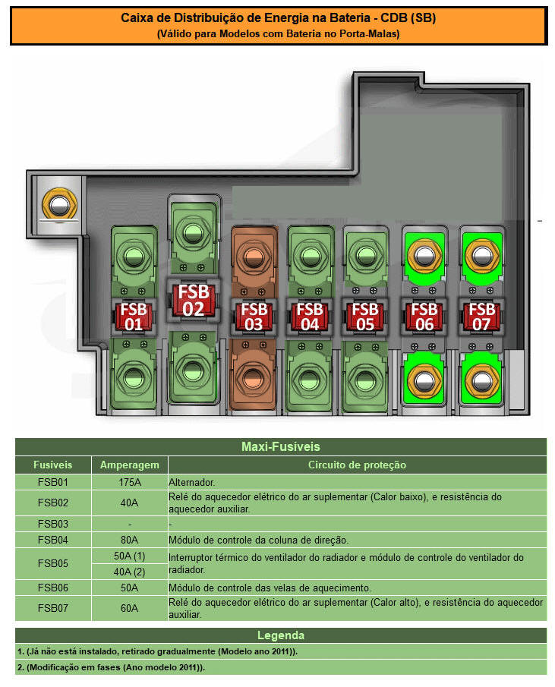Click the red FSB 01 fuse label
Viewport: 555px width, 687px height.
[134, 317]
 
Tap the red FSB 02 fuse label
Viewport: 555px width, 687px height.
[193, 300]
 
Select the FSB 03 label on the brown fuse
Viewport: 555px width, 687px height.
[252, 317]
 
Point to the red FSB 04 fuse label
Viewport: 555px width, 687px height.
[308, 317]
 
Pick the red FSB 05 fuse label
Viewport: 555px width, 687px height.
[365, 317]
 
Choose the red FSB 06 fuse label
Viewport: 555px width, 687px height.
[423, 317]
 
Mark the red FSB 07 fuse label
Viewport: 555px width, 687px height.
[481, 317]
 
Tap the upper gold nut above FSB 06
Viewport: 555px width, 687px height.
[424, 254]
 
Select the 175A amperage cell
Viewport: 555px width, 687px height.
[130, 482]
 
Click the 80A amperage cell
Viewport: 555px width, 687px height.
[130, 540]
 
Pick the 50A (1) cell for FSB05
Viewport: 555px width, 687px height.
[130, 557]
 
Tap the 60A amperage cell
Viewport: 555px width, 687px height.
[130, 608]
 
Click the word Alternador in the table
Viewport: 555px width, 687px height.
[192, 482]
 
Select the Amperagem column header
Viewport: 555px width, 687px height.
[130, 465]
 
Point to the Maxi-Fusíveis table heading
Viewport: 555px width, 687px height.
[280, 446]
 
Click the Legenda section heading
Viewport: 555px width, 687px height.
[280, 635]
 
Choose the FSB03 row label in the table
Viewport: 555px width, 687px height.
[53, 524]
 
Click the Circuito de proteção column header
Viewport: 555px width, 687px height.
[357, 465]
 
